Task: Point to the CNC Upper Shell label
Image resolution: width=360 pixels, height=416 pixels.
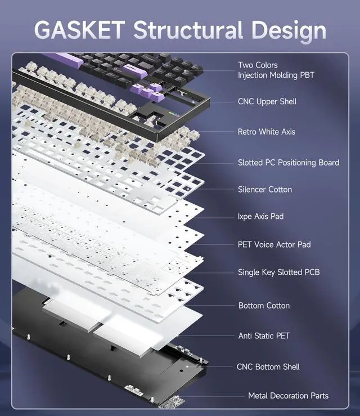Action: (x=267, y=101)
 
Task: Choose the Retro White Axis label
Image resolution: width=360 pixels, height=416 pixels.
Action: (x=267, y=132)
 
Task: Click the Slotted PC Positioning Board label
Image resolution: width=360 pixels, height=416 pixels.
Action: (x=289, y=163)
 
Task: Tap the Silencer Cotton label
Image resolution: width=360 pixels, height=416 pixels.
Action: (x=265, y=189)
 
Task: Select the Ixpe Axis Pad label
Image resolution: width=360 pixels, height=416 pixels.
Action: (x=261, y=216)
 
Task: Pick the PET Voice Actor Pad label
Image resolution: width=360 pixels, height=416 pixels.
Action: (x=274, y=244)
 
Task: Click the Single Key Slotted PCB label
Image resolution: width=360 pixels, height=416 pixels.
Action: (x=279, y=272)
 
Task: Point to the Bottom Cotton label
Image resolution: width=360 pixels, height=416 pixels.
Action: (x=264, y=306)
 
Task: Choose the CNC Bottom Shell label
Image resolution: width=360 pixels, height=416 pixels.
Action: (x=268, y=367)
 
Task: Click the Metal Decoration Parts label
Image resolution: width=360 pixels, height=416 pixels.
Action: (x=289, y=396)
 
